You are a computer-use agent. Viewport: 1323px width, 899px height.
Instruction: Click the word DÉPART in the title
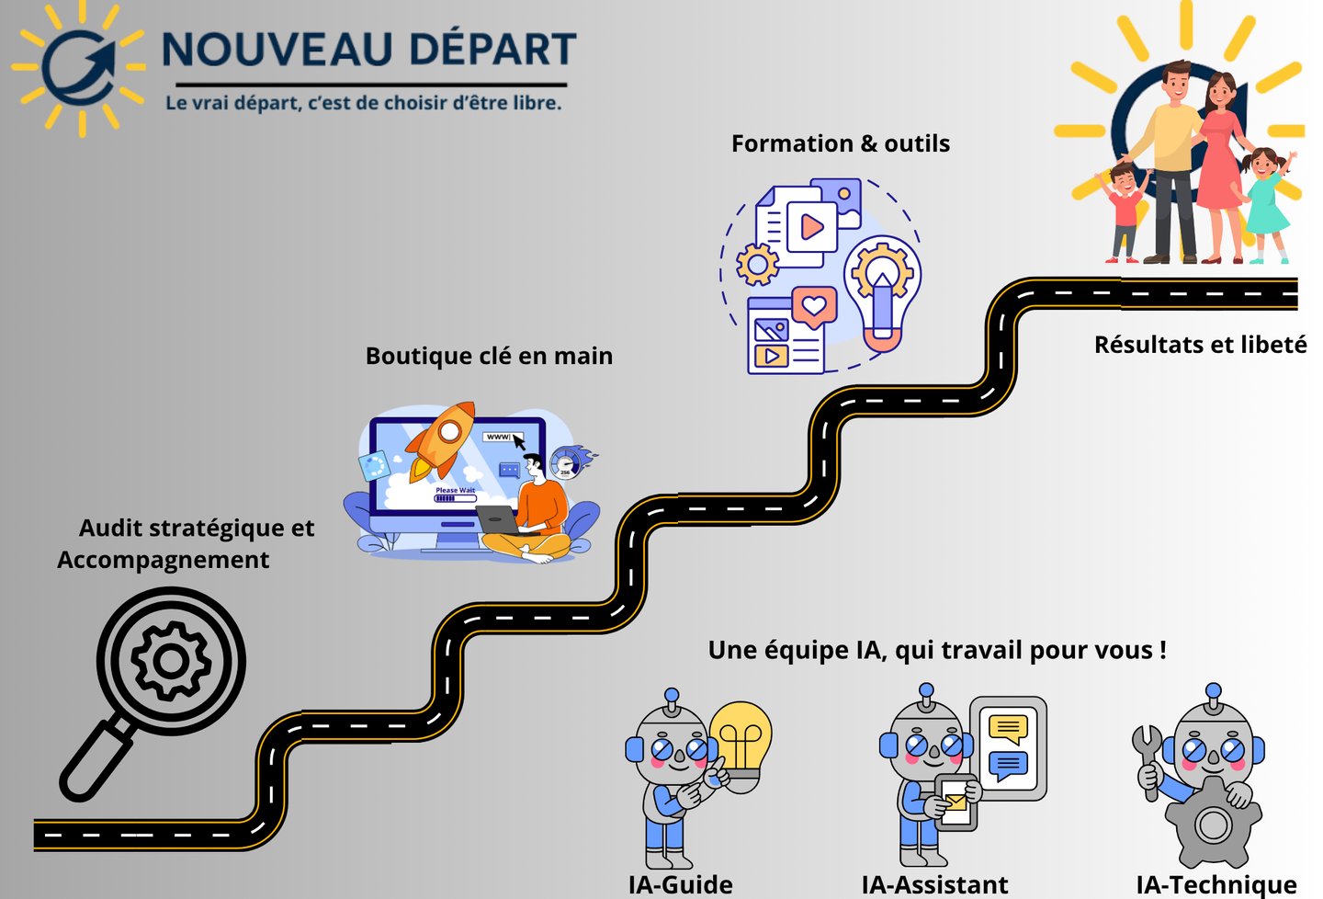tap(492, 50)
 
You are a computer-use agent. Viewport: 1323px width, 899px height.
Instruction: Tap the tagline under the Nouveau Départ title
tap(363, 103)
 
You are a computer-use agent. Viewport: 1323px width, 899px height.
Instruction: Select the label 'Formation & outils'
tap(840, 143)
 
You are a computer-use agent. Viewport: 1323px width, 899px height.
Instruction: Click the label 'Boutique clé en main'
tap(489, 356)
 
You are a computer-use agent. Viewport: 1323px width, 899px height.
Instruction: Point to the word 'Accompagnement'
tap(164, 560)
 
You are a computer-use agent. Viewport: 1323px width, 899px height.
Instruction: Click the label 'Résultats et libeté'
tap(1200, 345)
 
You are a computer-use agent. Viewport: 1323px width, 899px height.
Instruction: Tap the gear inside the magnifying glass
tap(171, 660)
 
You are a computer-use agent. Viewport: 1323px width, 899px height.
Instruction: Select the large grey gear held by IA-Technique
tap(1213, 823)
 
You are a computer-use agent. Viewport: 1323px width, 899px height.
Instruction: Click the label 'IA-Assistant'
tap(934, 884)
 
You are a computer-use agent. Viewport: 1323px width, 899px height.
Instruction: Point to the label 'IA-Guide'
tap(680, 884)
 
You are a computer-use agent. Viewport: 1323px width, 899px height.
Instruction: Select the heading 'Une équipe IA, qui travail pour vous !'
tap(937, 650)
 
